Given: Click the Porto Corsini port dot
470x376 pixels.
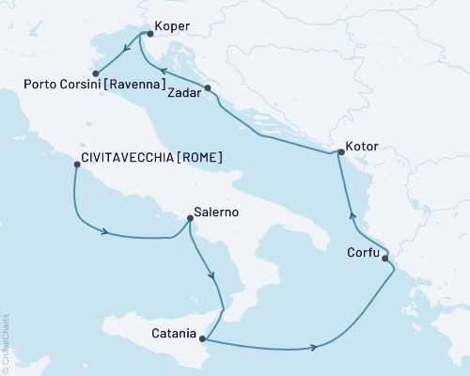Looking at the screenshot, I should point(95,72).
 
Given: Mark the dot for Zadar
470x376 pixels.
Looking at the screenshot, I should point(208,88).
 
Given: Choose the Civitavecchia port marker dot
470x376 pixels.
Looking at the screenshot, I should point(75,164).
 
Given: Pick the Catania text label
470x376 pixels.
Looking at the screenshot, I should point(173,333).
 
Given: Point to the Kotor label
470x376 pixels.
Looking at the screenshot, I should point(363,148).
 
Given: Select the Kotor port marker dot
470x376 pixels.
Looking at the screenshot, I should point(339,153).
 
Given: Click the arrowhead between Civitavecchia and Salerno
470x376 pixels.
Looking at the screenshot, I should point(111,232).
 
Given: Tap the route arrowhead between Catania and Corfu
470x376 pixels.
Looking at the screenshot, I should point(312,348).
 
